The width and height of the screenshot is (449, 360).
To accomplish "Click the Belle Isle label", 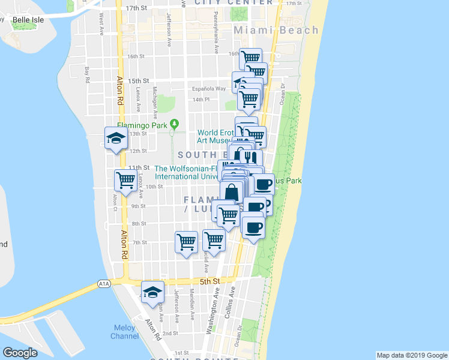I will point(29,20).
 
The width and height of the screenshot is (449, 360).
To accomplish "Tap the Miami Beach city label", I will point(276,30).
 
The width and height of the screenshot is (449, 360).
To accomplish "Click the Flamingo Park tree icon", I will point(174,124).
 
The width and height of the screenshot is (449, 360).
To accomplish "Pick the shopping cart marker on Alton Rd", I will point(125,179).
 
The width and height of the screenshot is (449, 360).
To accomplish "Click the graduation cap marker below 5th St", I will point(153,292).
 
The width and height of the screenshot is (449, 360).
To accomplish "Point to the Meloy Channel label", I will point(124,332).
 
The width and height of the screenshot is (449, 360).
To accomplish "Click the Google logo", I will point(20,353).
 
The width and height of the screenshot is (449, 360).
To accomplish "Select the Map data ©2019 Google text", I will point(411,355).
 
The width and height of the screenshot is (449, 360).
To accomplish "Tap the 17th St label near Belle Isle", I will point(137,8).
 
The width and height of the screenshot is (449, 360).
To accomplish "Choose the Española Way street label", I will point(208,89).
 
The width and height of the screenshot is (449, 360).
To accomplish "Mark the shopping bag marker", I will point(231,193).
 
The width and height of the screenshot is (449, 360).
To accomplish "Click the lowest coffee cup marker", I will point(253,227).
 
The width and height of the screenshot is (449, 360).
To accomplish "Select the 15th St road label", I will point(138,80).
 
